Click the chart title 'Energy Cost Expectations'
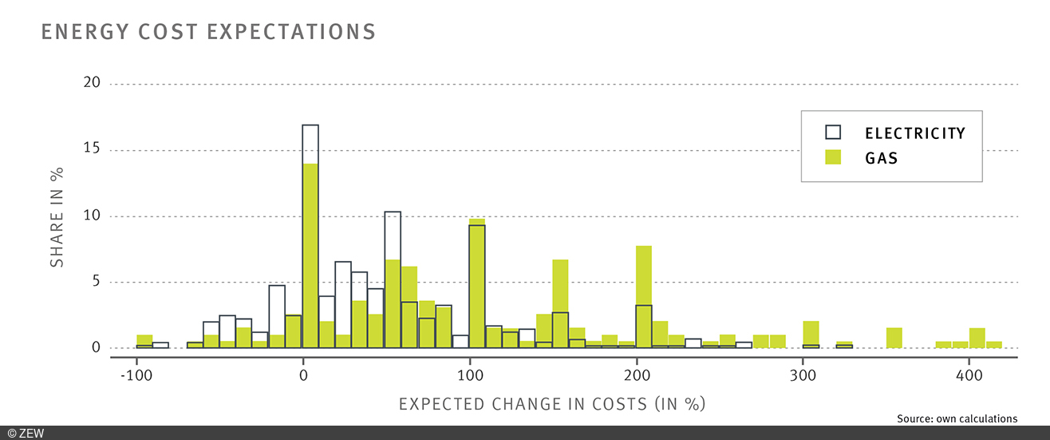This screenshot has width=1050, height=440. click(x=207, y=32)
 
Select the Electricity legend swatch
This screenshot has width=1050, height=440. click(x=833, y=133)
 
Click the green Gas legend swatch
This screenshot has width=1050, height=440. click(x=833, y=157)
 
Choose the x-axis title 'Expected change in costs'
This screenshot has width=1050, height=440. click(x=552, y=404)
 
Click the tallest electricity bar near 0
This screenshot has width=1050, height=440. click(x=310, y=236)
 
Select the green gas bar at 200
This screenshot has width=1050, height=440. click(x=644, y=296)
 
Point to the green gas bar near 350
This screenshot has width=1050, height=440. click(x=894, y=338)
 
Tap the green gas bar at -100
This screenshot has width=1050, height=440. click(x=144, y=341)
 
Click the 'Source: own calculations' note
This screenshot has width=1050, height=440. click(x=957, y=418)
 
